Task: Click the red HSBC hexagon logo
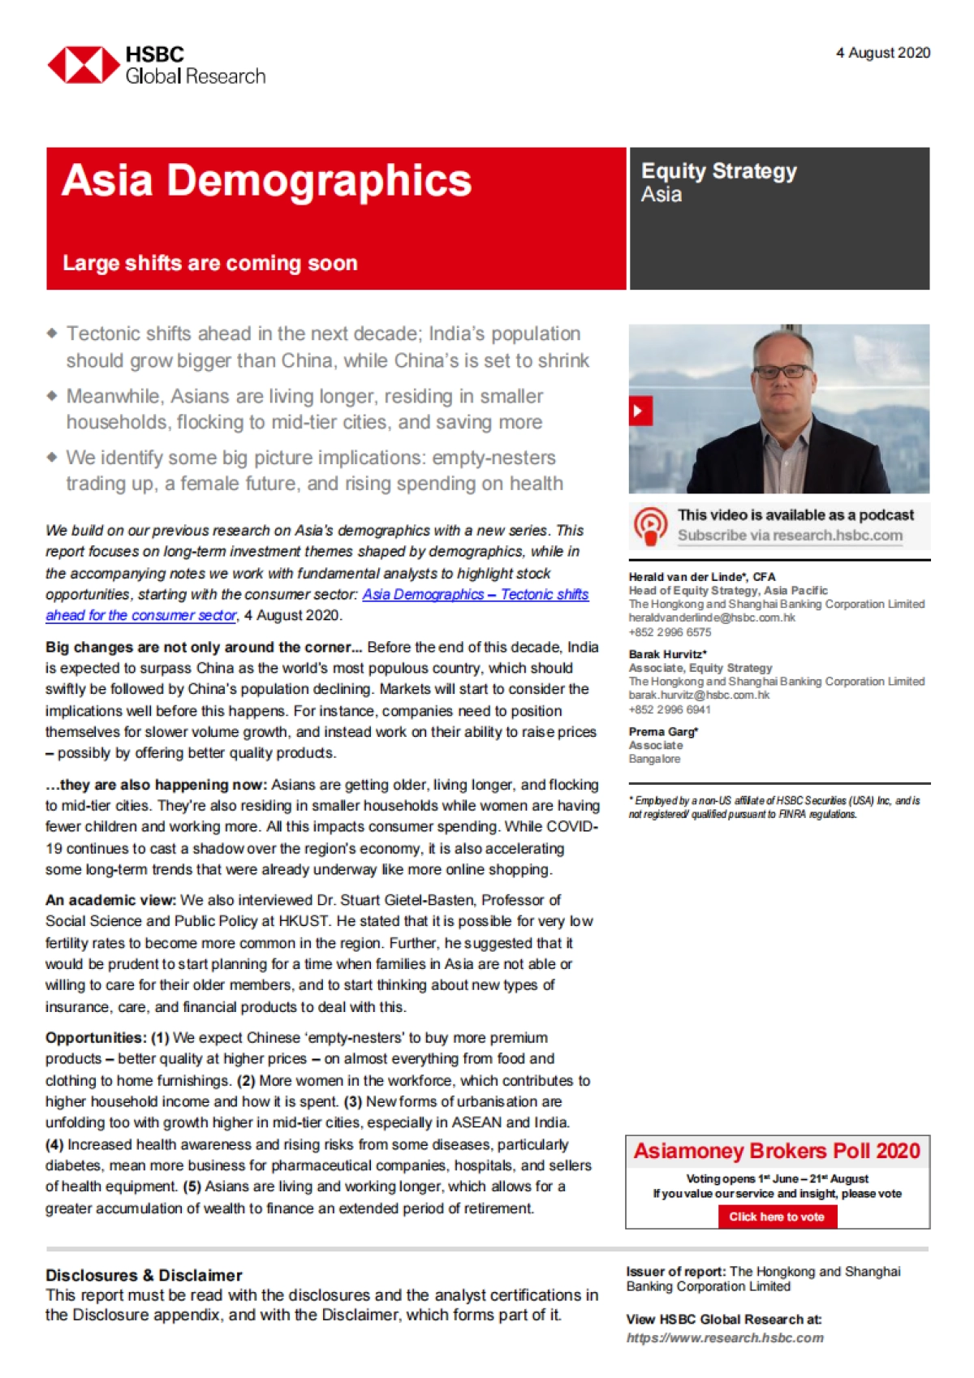(84, 65)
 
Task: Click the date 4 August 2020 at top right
(883, 53)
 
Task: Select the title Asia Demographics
(266, 180)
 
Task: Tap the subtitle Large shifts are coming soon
(210, 263)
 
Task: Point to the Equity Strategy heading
(719, 171)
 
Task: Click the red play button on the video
(640, 411)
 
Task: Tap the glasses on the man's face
(783, 372)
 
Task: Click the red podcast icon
(650, 526)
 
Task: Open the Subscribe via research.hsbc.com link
(790, 536)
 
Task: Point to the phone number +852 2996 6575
(670, 632)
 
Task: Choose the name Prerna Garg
(662, 732)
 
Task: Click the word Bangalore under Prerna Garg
(654, 759)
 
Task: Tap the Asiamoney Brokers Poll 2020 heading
(777, 1152)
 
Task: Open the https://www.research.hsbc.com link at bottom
(725, 1338)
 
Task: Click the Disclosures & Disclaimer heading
(144, 1275)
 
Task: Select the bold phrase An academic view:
(110, 900)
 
